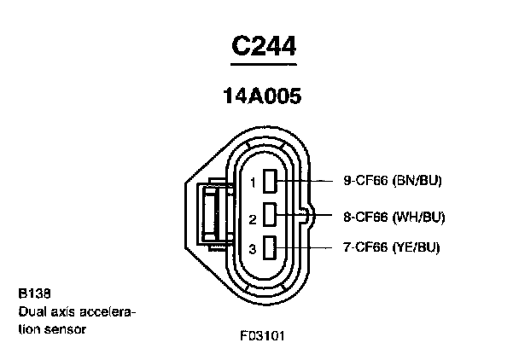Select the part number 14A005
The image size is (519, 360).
262,96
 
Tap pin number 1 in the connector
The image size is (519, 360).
253,183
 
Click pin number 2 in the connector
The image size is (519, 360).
253,219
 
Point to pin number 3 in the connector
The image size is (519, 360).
253,249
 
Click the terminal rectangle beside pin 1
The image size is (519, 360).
271,181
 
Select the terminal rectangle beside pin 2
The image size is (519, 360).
271,214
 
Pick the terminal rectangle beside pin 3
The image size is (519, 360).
271,247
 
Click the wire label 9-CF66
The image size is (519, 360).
365,180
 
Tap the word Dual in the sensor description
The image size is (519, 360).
31,311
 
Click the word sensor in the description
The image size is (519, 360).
69,328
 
